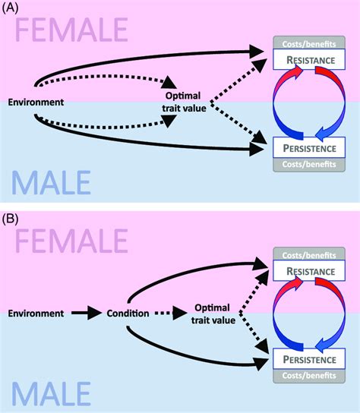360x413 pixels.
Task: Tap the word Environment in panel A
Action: point(36,101)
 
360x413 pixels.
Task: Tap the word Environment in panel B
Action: point(36,312)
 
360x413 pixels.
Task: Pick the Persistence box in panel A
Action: point(306,141)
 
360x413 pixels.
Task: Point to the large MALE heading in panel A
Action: point(52,182)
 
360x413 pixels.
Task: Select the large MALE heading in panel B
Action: point(52,393)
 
